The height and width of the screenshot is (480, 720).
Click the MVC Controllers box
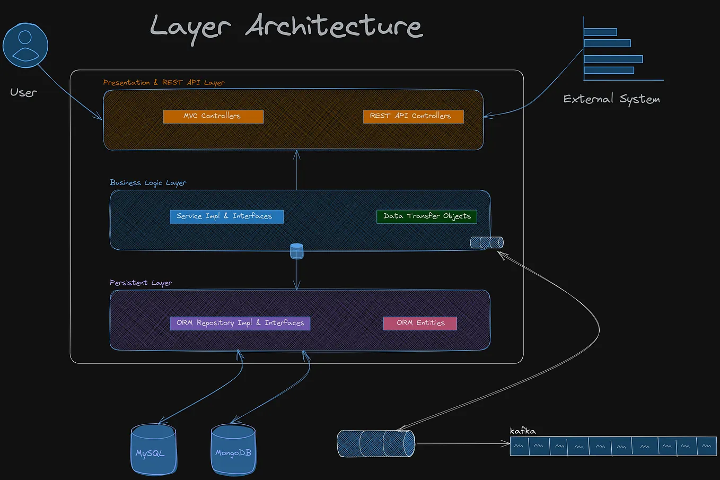(213, 116)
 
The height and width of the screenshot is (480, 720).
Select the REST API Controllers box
(413, 116)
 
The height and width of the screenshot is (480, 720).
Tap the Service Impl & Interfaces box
(226, 216)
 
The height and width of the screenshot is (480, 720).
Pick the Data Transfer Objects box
(427, 216)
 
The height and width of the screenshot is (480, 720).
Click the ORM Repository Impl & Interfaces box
(240, 323)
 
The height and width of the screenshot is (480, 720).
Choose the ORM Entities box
(420, 323)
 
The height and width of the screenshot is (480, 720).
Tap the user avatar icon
(25, 46)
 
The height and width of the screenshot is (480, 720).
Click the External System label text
(611, 99)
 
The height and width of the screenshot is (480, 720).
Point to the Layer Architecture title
(286, 27)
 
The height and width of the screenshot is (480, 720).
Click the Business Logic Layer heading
(148, 183)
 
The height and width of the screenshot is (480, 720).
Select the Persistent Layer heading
(141, 283)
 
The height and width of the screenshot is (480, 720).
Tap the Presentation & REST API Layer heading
(164, 83)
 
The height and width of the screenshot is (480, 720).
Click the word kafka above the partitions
(523, 431)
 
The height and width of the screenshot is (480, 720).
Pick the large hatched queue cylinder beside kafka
(376, 443)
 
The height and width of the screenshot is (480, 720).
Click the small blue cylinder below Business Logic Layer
(297, 251)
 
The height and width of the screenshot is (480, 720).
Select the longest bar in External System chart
(613, 59)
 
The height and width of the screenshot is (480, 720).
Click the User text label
(24, 93)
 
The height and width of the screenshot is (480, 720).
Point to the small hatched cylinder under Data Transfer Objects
(487, 242)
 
